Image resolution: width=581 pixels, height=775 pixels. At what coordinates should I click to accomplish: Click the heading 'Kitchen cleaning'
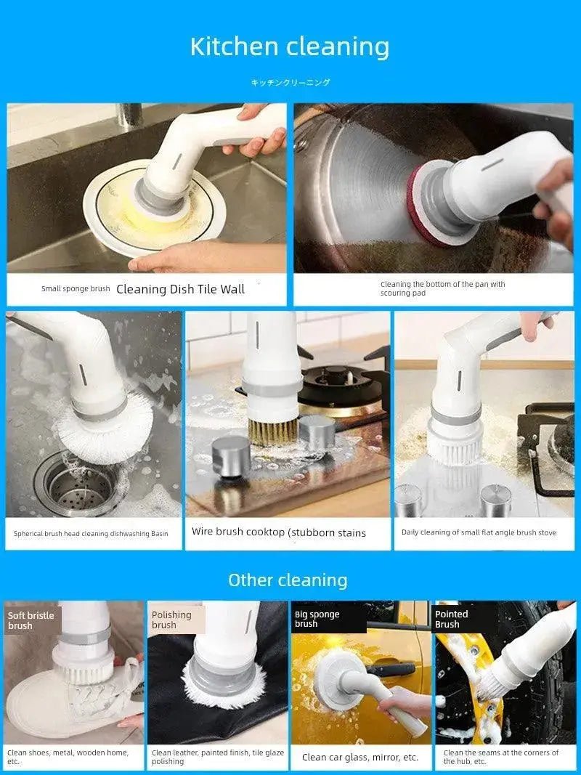click(290, 46)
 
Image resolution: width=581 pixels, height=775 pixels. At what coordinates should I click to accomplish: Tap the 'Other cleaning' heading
click(288, 580)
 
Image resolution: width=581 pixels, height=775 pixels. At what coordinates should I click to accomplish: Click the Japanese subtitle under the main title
click(290, 83)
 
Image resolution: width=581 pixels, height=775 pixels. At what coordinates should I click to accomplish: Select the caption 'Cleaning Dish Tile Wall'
click(180, 289)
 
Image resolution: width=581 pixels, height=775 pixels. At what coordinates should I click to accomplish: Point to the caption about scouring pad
click(442, 288)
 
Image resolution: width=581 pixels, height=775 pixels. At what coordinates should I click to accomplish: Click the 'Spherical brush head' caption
click(91, 533)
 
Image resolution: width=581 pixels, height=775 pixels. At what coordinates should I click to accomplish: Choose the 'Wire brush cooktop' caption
click(279, 532)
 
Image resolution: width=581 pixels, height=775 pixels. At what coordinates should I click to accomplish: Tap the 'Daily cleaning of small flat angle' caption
click(479, 532)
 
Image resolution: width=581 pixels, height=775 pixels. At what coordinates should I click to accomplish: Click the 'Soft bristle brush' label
click(31, 620)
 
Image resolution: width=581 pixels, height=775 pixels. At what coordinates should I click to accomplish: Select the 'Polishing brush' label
click(171, 620)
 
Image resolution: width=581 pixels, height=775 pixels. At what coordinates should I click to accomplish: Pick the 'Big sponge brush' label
click(317, 619)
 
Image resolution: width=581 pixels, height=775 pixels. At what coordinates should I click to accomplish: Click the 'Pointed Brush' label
click(451, 619)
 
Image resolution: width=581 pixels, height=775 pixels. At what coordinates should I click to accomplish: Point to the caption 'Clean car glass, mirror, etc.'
click(360, 757)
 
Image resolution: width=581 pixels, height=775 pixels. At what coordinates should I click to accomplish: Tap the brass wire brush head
click(272, 430)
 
